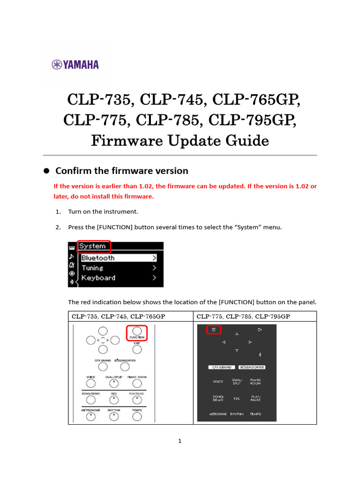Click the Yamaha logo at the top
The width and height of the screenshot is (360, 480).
pos(75,64)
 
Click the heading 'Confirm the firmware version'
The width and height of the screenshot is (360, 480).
pos(122,171)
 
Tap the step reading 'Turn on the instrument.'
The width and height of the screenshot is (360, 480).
pos(103,212)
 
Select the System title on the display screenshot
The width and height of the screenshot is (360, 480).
pos(93,246)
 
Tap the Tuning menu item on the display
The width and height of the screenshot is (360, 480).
pos(92,268)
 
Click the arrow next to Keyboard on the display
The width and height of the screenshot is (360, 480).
pos(154,278)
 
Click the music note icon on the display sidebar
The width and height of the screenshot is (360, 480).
pos(72,256)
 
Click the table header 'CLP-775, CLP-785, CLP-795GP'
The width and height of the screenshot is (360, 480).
pos(243,316)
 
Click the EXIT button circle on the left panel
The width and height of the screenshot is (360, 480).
pos(136,349)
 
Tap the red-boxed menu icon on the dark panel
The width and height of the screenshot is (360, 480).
pos(213,330)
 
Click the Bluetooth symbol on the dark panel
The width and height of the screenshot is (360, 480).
pos(260,355)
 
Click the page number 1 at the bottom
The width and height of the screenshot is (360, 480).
pos(180,441)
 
